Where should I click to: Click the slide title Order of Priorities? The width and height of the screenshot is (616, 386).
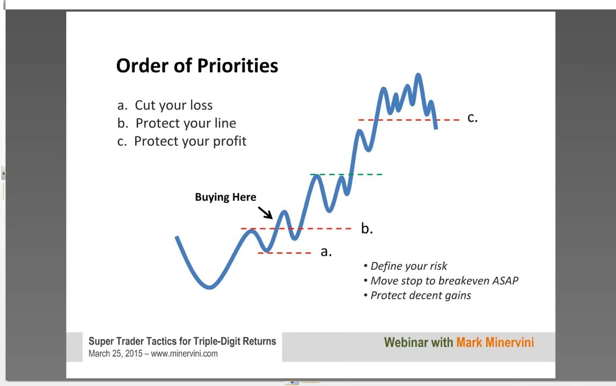pos(197,65)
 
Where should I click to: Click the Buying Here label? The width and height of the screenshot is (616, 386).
pos(225,197)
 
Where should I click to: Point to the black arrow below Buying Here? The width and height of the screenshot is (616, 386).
pos(265,212)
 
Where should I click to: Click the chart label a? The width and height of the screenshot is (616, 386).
pos(326,251)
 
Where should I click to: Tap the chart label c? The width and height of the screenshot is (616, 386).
pos(473,117)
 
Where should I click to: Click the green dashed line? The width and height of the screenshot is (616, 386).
pos(346,174)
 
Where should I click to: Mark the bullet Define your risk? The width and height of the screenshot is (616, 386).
pos(406,266)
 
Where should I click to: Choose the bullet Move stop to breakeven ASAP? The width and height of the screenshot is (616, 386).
pos(441,281)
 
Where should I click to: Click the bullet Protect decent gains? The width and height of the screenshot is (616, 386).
pos(417,295)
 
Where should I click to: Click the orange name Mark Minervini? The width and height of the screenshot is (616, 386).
pos(495,343)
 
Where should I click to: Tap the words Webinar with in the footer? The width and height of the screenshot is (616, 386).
pos(419,343)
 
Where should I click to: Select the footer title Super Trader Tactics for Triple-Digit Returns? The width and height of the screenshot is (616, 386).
pos(182,342)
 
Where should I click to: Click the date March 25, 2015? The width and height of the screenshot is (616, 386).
pos(115,353)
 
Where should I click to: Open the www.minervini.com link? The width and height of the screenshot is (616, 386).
pos(184,353)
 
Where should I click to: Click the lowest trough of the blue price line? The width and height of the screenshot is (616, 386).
pos(210,287)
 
